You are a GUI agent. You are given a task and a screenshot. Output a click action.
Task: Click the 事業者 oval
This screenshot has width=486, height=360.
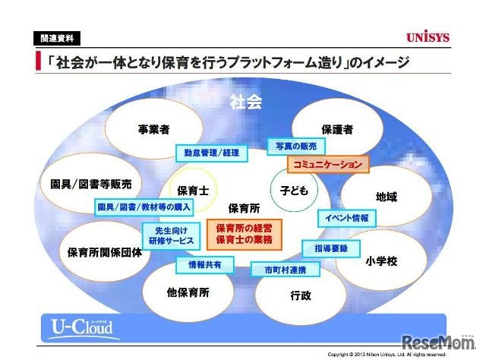pyautogui.click(x=153, y=129)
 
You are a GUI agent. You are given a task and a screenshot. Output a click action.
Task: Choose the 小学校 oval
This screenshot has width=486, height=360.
pyautogui.click(x=380, y=260)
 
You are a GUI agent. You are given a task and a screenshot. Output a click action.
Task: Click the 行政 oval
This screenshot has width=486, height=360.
pyautogui.click(x=301, y=295)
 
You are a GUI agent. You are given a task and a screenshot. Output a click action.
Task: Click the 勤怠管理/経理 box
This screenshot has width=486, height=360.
pyautogui.click(x=211, y=153)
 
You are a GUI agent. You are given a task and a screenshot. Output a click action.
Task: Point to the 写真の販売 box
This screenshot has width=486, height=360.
pyautogui.click(x=297, y=144)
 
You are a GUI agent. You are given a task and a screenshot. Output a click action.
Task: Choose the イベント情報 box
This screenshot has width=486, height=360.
pyautogui.click(x=346, y=218)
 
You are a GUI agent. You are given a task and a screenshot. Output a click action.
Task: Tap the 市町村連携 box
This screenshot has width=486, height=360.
pyautogui.click(x=279, y=269)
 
